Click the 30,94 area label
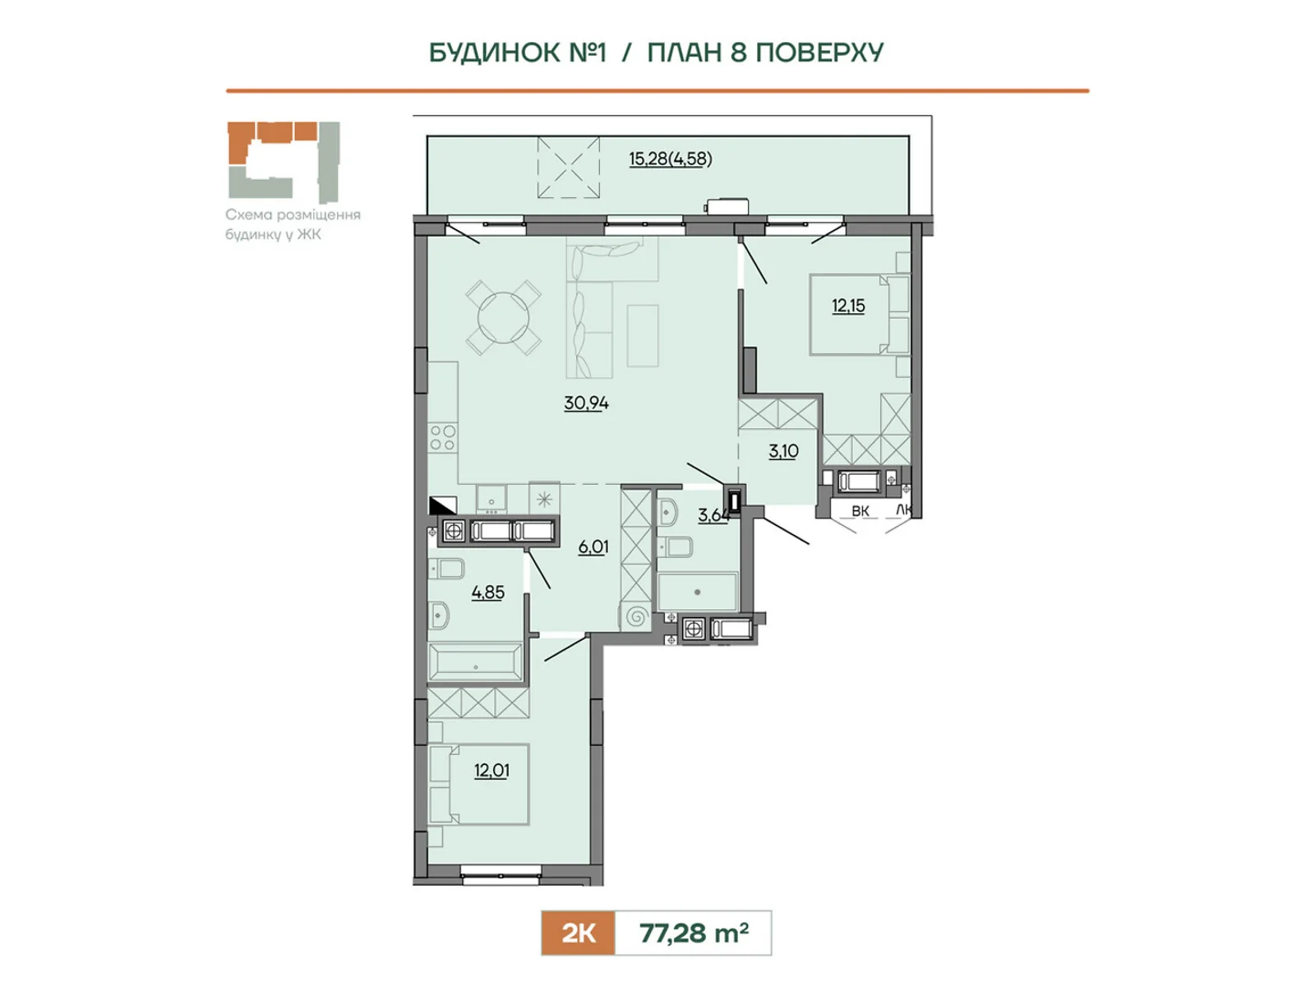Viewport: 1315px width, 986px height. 586,403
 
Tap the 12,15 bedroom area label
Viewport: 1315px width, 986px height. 848,306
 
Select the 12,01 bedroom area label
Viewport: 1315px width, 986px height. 491,770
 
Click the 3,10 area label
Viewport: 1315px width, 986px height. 783,451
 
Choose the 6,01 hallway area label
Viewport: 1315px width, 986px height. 593,546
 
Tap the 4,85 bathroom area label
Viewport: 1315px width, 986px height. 487,592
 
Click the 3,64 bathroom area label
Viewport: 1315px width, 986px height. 713,514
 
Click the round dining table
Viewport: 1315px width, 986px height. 503,318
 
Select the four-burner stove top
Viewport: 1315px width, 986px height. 443,437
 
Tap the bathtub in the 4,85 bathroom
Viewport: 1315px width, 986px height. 476,662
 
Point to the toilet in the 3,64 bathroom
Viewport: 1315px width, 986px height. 676,546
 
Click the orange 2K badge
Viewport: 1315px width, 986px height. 578,933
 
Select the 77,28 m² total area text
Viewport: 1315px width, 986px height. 694,933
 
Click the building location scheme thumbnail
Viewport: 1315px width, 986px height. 284,162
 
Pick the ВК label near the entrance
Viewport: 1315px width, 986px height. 861,510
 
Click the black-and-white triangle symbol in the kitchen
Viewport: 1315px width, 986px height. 443,505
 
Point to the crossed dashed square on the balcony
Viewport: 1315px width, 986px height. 568,167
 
